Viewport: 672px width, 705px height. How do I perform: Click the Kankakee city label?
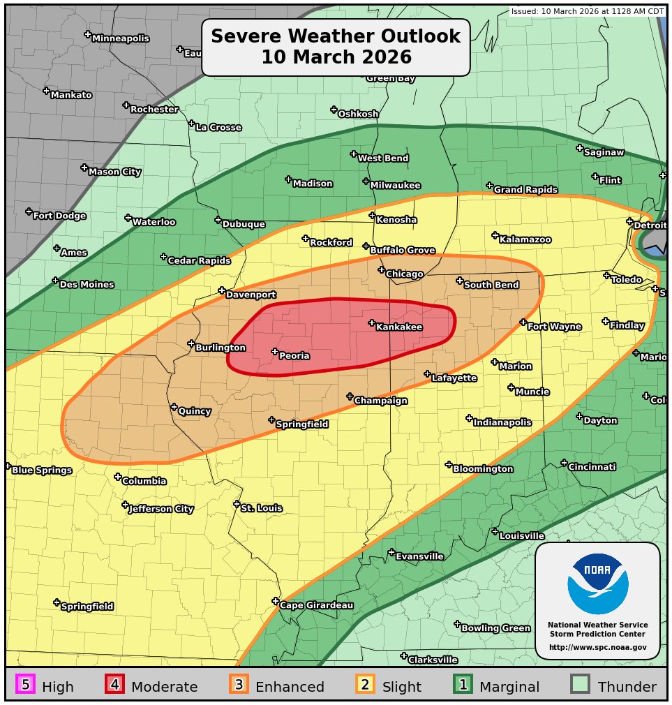point(398,327)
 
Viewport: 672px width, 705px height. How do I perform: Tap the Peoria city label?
point(294,356)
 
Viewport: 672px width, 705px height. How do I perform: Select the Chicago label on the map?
point(404,274)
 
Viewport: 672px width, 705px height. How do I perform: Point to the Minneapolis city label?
point(120,38)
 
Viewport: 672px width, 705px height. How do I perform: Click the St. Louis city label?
point(261,508)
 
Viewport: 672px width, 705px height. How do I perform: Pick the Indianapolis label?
point(502,422)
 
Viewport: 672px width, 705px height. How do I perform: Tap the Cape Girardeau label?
point(316,605)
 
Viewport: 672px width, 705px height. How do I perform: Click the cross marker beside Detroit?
point(629,221)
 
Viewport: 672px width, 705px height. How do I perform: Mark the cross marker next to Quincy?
point(174,407)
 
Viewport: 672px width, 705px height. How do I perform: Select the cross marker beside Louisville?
point(495,532)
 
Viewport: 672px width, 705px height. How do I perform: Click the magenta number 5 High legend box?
point(25,685)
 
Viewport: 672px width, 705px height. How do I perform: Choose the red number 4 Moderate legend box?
point(114,685)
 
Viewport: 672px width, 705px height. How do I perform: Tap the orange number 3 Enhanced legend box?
point(239,685)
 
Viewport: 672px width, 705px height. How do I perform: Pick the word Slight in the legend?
point(401,687)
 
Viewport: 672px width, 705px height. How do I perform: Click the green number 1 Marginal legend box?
point(463,685)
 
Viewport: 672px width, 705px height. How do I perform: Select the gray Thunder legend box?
point(580,685)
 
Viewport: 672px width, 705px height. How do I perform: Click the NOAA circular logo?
point(597,584)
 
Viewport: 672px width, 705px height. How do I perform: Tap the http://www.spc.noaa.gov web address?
point(597,648)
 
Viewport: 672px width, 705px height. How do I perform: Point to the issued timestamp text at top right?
point(587,11)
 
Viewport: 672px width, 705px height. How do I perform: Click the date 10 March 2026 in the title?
point(336,57)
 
